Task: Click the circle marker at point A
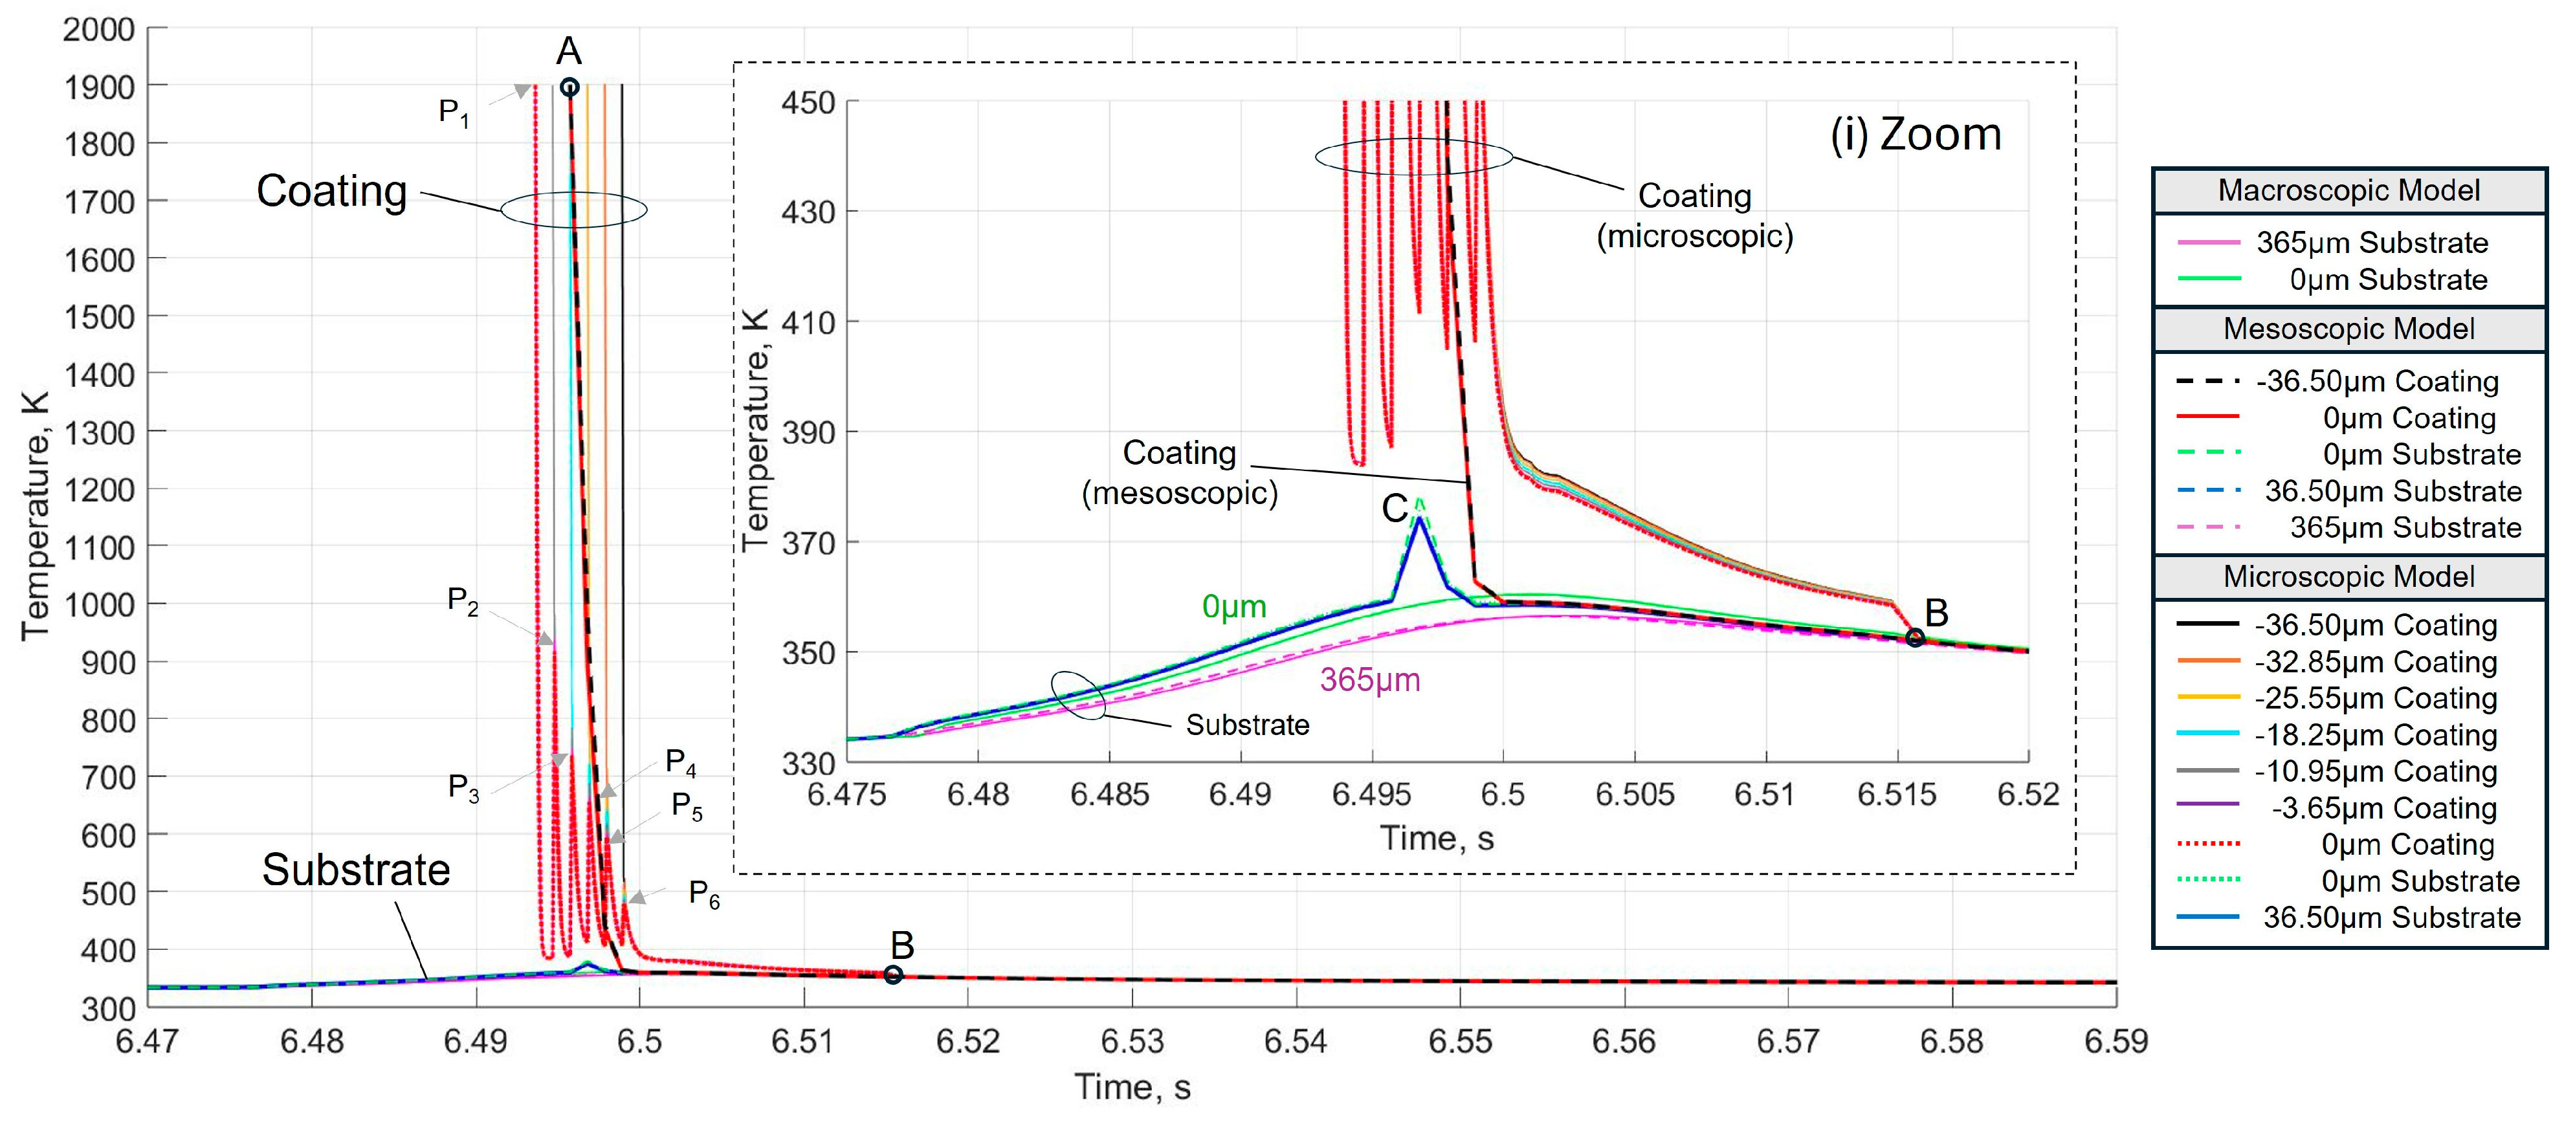tap(569, 87)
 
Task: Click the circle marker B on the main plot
tap(893, 974)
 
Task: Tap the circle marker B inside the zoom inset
tap(1914, 638)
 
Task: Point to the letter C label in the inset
tap(1395, 509)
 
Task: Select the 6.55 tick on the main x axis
tap(1459, 1040)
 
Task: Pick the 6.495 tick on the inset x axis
tap(1371, 795)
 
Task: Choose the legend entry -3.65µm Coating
tap(2384, 808)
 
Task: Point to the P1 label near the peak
tap(453, 111)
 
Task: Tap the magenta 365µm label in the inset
tap(1369, 680)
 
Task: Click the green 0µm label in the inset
tap(1233, 606)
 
